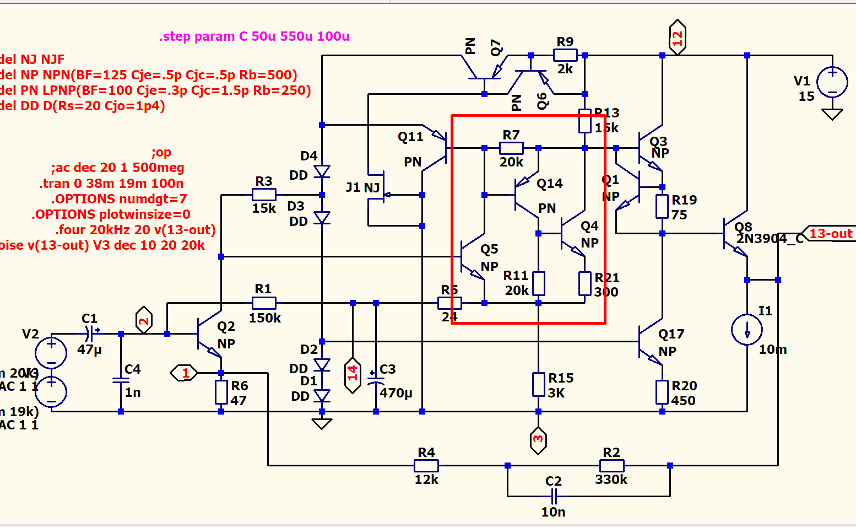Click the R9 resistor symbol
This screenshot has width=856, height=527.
(x=565, y=55)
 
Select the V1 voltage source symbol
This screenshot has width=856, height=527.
(x=832, y=82)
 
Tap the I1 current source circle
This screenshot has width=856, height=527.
(x=747, y=330)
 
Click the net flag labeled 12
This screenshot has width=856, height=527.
(x=677, y=37)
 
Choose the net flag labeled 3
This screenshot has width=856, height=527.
(x=538, y=440)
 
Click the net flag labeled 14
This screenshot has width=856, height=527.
(x=353, y=375)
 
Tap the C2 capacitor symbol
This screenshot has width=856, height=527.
(x=554, y=496)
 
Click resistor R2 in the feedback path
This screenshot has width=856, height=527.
(x=611, y=465)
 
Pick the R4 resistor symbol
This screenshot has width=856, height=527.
(x=426, y=465)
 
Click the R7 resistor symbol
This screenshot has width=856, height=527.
(x=511, y=148)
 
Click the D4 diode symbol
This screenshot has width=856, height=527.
(x=322, y=171)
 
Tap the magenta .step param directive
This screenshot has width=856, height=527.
(x=254, y=36)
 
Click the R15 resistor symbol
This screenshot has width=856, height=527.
(x=538, y=385)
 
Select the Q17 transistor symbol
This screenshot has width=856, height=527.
(x=650, y=342)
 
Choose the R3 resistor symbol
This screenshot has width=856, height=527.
(x=264, y=194)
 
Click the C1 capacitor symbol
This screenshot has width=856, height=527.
(x=89, y=334)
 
